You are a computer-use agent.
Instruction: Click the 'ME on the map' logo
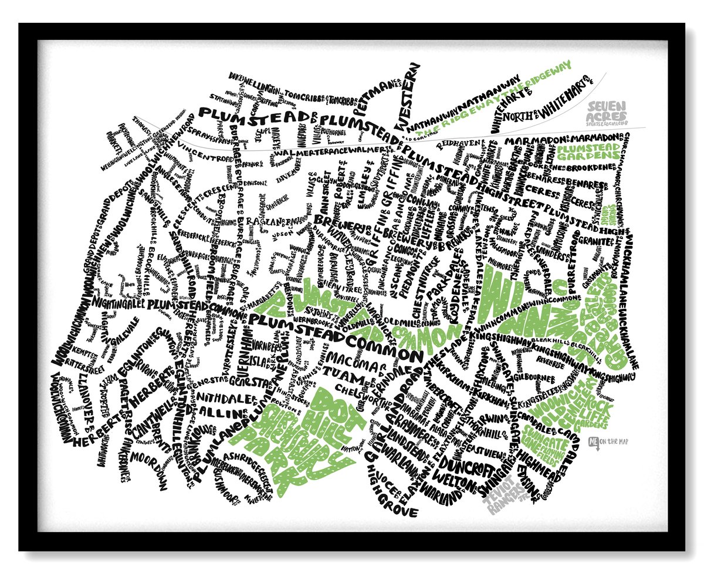pos(607,441)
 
